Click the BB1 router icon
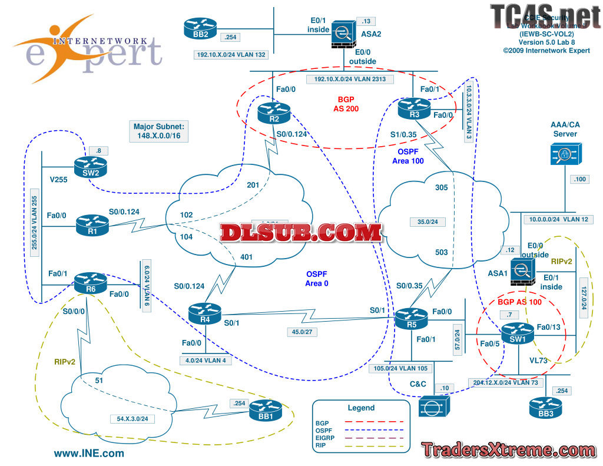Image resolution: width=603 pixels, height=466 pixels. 263,409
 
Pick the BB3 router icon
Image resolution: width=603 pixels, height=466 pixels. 542,406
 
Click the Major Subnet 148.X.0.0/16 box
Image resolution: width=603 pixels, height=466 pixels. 159,131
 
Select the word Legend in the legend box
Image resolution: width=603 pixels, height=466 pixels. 361,408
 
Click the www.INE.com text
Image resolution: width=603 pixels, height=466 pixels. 89,453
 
